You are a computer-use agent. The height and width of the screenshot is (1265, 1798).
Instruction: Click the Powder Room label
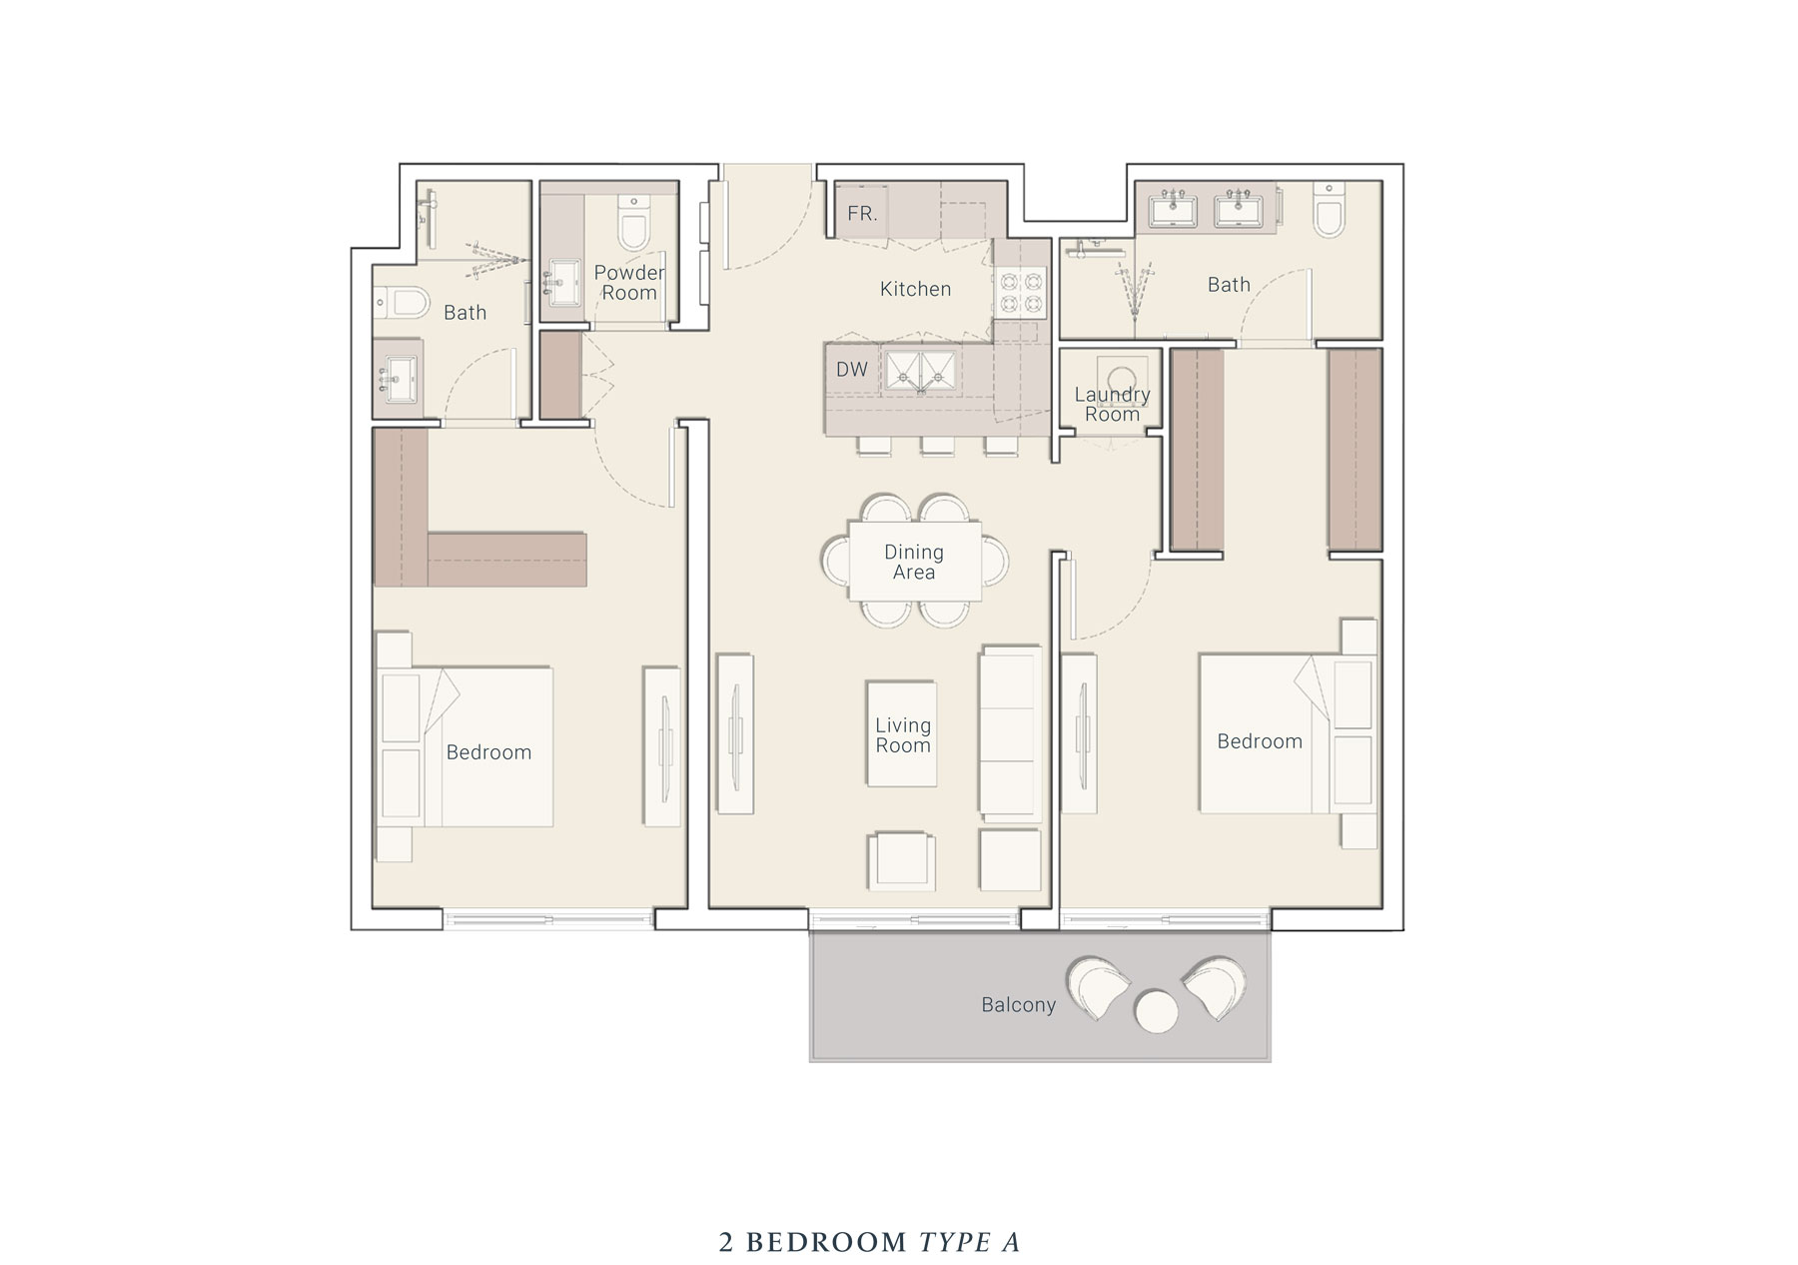[628, 283]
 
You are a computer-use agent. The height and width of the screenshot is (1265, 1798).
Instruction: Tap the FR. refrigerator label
[862, 214]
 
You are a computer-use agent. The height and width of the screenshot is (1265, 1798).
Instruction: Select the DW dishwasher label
[851, 370]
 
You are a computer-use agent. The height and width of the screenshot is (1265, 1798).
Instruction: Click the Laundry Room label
[1112, 405]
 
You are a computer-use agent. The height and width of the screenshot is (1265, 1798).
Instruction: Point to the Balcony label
[1018, 1005]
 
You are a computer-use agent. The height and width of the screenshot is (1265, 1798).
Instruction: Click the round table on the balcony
[1157, 1011]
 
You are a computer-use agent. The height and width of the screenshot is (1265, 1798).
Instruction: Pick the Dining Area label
[913, 563]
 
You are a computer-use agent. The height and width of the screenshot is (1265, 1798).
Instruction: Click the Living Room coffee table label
[902, 735]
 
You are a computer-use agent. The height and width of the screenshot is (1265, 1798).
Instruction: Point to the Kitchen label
[915, 290]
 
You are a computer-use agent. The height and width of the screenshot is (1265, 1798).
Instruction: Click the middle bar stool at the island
[937, 446]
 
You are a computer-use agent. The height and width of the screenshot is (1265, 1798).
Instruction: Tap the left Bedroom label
[488, 752]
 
